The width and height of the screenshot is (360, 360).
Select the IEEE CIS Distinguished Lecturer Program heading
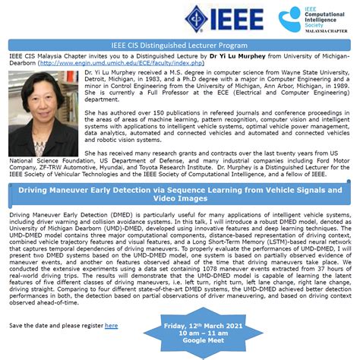pos(180,45)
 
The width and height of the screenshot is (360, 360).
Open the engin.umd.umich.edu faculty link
pos(114,64)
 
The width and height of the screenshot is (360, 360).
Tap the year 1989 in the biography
pos(339,87)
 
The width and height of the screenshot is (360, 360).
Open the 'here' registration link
pos(111,325)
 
